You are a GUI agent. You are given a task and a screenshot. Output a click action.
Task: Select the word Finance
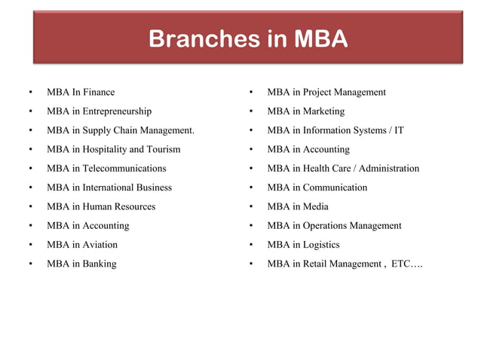[x=99, y=92]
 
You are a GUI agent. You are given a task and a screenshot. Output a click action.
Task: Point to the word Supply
[x=99, y=130]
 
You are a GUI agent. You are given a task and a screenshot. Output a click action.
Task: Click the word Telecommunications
[x=124, y=168]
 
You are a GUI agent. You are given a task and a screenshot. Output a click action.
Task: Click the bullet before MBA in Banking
[x=30, y=264]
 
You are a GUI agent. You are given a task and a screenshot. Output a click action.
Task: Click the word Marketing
[x=323, y=111]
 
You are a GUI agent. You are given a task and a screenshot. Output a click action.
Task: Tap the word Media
[x=316, y=206]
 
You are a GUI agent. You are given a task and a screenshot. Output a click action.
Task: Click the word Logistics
[x=321, y=245]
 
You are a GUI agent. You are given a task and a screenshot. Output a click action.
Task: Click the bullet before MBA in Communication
[x=250, y=188]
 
